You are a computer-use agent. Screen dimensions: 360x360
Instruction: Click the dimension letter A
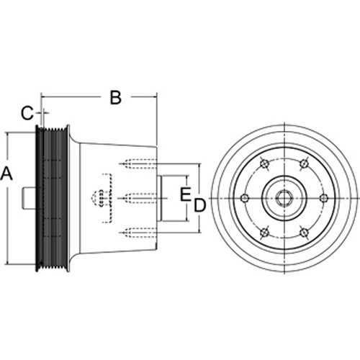click(x=6, y=174)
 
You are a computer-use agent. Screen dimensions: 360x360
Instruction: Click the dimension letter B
click(x=115, y=97)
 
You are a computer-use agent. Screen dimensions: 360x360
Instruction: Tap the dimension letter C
click(x=27, y=113)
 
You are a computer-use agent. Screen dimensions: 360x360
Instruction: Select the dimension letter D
click(x=199, y=205)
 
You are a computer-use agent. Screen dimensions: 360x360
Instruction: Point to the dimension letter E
click(x=185, y=194)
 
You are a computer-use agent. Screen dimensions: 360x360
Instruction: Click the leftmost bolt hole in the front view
click(x=245, y=198)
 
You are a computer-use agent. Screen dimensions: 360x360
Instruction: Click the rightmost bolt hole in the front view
click(x=324, y=198)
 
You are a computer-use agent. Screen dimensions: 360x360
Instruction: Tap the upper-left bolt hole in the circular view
click(x=264, y=163)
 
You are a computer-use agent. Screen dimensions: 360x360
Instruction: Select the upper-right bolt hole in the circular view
click(x=304, y=163)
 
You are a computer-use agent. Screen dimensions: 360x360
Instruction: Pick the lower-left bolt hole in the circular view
click(x=264, y=233)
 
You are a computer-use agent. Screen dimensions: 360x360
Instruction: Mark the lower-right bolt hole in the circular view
click(x=304, y=233)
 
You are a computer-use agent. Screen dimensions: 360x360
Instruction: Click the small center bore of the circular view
click(x=284, y=198)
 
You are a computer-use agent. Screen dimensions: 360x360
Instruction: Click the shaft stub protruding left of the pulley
click(x=30, y=198)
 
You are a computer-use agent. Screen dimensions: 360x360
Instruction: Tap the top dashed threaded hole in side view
click(x=138, y=164)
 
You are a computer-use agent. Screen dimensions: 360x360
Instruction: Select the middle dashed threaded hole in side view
click(x=138, y=198)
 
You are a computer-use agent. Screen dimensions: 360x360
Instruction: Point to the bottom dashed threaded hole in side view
click(x=138, y=233)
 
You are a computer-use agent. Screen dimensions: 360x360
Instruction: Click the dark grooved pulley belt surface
click(x=55, y=198)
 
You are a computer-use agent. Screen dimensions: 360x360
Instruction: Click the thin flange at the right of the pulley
click(x=68, y=198)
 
